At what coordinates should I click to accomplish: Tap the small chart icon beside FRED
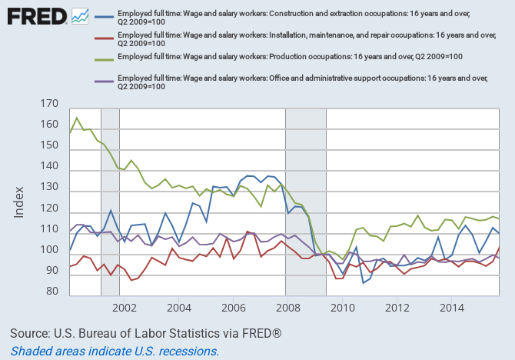point(80,15)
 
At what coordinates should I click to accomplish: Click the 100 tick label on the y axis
point(48,250)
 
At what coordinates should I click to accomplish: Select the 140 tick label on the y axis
point(48,166)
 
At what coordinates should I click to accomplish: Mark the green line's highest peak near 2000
point(77,118)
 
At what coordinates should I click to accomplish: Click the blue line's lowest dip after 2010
point(364,283)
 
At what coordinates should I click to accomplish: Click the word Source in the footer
point(32,334)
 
